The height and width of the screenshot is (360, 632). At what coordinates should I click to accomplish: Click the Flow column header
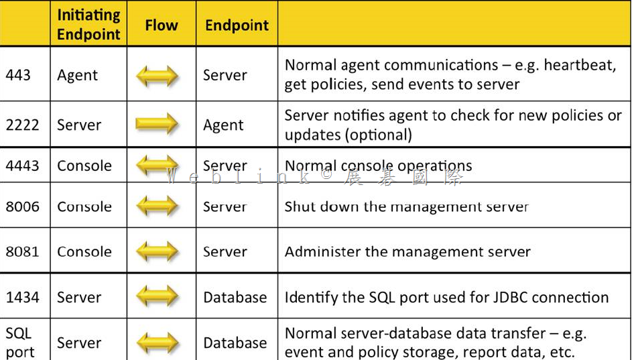pos(162,25)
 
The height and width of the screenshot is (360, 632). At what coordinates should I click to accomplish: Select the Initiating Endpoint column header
pos(88,25)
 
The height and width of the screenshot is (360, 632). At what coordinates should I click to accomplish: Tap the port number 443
pos(18,75)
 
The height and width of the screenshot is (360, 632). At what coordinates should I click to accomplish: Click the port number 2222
pos(23,125)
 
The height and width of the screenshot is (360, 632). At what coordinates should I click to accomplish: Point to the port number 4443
pos(23,166)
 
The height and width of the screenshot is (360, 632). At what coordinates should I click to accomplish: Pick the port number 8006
pos(23,206)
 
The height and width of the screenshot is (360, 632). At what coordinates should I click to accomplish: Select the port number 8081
pos(23,251)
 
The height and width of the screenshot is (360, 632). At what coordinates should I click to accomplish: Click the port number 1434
pos(23,298)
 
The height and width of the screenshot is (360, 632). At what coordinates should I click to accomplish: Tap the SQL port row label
pos(19,343)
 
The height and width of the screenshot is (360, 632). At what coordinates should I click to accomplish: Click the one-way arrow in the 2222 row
pos(157,123)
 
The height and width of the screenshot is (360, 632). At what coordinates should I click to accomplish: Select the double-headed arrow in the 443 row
pos(157,75)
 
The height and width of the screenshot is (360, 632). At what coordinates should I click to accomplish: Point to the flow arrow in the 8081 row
pos(157,251)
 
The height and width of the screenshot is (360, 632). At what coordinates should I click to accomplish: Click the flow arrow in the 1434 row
pos(157,296)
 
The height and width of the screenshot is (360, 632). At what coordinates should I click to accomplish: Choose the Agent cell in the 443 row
pos(77,76)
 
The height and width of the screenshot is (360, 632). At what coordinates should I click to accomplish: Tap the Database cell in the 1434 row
pos(235,298)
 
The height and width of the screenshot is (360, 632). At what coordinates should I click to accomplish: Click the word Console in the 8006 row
pos(84,206)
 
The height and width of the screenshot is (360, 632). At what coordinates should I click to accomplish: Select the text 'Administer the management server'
pos(407,251)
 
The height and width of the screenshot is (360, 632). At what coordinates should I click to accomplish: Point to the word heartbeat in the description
pos(580,65)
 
